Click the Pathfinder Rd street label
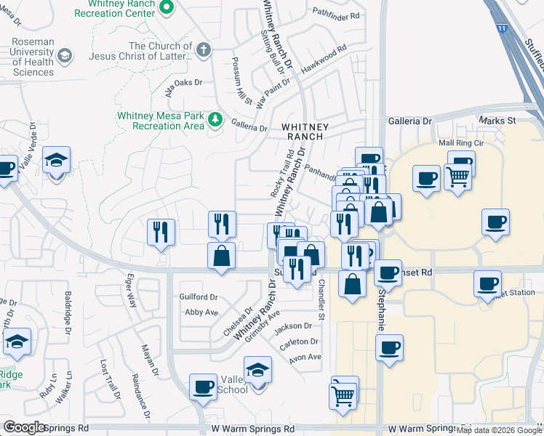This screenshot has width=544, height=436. point(336,15)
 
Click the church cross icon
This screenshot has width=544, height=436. point(204,51)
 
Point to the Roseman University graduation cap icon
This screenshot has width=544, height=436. point(65,56)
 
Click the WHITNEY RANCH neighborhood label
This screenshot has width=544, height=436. point(305,132)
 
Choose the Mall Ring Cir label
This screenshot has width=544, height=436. point(461,143)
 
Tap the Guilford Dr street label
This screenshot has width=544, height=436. point(199,297)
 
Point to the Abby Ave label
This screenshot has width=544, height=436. point(201,312)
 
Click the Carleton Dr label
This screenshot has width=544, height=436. point(300,342)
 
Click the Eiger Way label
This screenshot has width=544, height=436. point(132,297)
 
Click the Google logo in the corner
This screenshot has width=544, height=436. point(25,427)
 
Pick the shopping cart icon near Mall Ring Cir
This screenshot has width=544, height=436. point(457,177)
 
